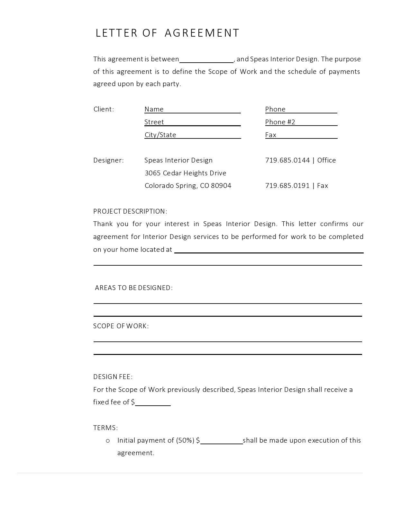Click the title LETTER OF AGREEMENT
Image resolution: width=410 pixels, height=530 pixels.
pyautogui.click(x=167, y=33)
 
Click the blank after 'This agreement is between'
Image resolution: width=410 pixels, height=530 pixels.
pyautogui.click(x=206, y=60)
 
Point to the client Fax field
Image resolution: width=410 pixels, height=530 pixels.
pyautogui.click(x=307, y=135)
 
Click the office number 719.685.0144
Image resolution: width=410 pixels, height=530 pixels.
pyautogui.click(x=287, y=160)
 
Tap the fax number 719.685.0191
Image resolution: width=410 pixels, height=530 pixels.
pyautogui.click(x=287, y=186)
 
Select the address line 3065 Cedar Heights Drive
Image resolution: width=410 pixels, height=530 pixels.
pyautogui.click(x=186, y=173)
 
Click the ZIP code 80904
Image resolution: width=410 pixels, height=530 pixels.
pyautogui.click(x=221, y=186)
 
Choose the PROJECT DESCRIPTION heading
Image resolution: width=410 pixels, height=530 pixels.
pyautogui.click(x=130, y=211)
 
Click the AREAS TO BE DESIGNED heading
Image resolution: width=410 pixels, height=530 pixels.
pyautogui.click(x=134, y=288)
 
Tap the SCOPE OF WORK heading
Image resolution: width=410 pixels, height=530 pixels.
pyautogui.click(x=121, y=326)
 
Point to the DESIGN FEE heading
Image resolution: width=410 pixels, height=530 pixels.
pyautogui.click(x=113, y=377)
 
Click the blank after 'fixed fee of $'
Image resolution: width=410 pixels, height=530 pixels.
pyautogui.click(x=153, y=403)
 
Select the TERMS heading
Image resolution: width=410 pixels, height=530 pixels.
pyautogui.click(x=105, y=428)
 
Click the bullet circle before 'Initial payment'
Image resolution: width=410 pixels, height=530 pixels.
pyautogui.click(x=108, y=441)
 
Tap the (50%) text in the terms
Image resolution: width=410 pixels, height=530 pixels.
pyautogui.click(x=185, y=440)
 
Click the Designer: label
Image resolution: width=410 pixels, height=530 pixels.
pyautogui.click(x=108, y=160)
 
